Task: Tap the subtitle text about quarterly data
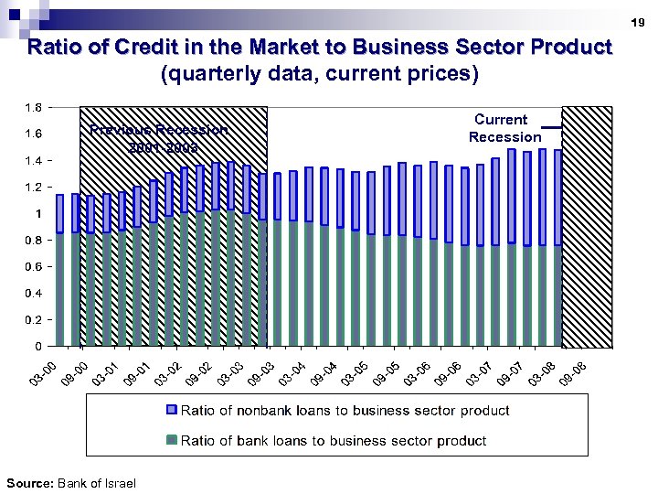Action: click(319, 74)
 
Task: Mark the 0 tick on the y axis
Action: click(37, 347)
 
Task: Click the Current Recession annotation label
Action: click(504, 128)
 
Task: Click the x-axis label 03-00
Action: click(42, 374)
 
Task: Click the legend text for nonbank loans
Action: click(345, 411)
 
